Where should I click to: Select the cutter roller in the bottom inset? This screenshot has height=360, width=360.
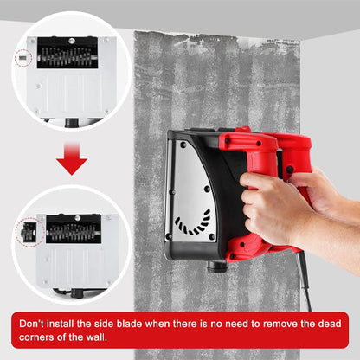pos(74,231)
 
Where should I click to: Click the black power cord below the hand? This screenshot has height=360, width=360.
pos(305,281)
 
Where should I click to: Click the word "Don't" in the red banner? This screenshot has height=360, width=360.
pos(36,322)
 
